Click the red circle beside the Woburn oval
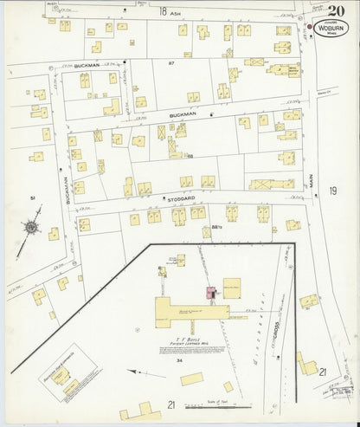(312, 27)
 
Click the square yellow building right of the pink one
(231, 285)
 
